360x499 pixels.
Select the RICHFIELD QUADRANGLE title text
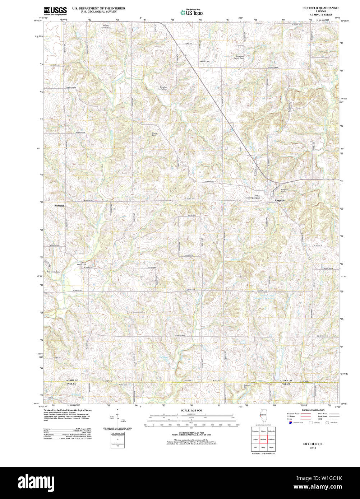click(320, 8)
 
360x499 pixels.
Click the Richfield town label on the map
click(59, 205)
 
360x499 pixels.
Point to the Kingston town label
click(280, 200)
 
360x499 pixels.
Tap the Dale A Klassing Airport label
click(252, 197)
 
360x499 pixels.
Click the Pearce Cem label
click(225, 61)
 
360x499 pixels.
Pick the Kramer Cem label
click(155, 134)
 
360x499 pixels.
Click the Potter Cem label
click(123, 384)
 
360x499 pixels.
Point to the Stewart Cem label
click(246, 386)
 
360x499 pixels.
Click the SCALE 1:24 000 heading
click(191, 410)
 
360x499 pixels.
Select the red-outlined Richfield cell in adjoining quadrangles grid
click(263, 439)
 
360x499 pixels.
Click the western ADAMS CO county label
click(72, 380)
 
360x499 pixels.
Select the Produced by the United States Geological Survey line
click(68, 410)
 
